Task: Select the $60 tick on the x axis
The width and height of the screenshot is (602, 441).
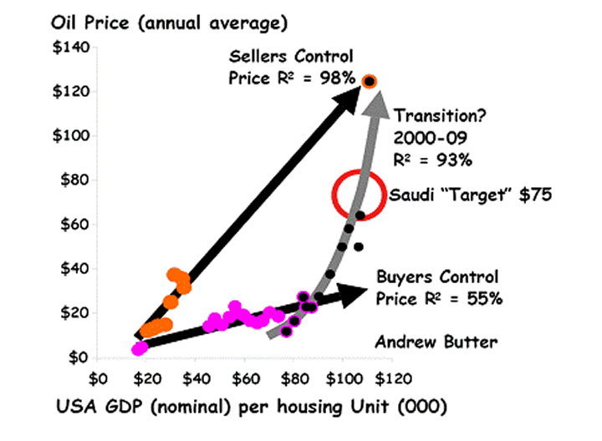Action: point(244,378)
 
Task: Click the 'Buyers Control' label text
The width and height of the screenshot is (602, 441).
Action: point(436,277)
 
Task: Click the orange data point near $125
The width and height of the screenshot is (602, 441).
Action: point(370,81)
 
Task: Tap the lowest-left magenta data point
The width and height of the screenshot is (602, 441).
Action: point(140,347)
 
